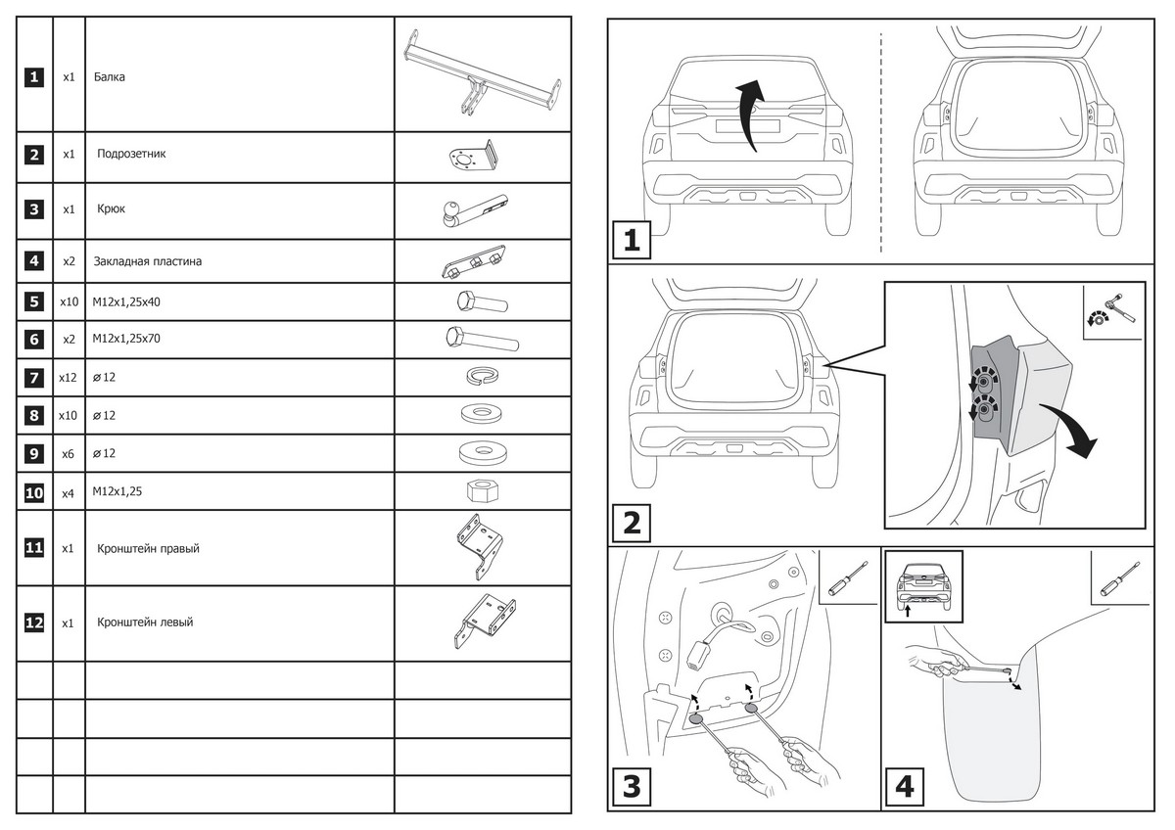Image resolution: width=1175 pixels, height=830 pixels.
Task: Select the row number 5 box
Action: pyautogui.click(x=34, y=301)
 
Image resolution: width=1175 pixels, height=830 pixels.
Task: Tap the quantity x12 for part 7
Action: pyautogui.click(x=68, y=377)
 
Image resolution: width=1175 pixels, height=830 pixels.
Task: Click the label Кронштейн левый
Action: pyautogui.click(x=145, y=622)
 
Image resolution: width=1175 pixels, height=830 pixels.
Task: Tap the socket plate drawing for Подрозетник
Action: pyautogui.click(x=472, y=157)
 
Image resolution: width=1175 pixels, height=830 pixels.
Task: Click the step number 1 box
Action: pyautogui.click(x=633, y=241)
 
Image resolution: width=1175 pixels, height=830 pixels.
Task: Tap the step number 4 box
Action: pyautogui.click(x=907, y=786)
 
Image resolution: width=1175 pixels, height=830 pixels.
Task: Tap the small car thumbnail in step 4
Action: pyautogui.click(x=923, y=585)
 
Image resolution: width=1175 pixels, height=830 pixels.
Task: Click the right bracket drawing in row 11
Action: pyautogui.click(x=480, y=547)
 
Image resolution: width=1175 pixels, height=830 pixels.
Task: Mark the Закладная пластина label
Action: pyautogui.click(x=148, y=261)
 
